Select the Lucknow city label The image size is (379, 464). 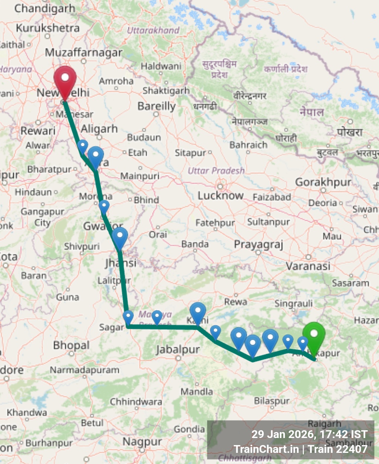[x=220, y=196]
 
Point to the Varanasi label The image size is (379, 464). [x=308, y=266]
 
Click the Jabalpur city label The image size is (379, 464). [x=178, y=349]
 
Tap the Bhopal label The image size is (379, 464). [x=71, y=345]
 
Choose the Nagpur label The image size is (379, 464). [x=142, y=442]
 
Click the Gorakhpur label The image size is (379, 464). [x=323, y=182]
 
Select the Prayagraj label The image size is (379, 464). [x=259, y=245]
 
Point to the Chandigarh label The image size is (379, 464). [x=45, y=9]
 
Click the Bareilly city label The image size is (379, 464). [x=156, y=106]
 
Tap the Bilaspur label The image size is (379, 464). [x=272, y=401]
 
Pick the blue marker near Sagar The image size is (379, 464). [x=128, y=317]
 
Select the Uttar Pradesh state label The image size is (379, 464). [x=216, y=170]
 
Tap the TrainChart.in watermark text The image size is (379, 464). [x=266, y=449]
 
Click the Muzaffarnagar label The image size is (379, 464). [x=84, y=53]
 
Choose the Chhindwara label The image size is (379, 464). [x=136, y=402]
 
